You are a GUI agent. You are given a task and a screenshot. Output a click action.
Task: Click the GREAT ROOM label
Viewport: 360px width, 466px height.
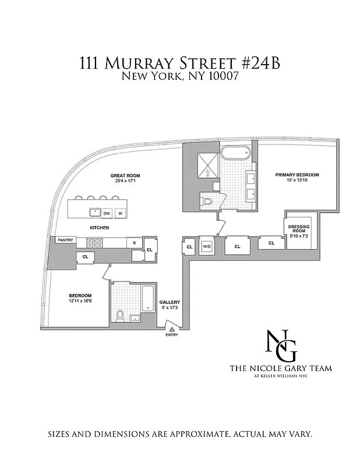point(125,176)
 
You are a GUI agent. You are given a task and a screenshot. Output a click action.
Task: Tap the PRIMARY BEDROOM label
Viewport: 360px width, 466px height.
point(297,175)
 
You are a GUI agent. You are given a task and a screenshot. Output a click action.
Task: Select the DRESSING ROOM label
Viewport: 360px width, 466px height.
point(299,228)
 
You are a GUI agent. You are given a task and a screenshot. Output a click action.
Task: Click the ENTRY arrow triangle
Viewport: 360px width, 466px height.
point(172,329)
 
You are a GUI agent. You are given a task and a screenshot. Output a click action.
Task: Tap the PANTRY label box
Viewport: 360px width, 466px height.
point(66,240)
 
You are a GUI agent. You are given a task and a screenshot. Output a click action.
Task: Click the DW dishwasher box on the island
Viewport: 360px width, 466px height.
point(107,213)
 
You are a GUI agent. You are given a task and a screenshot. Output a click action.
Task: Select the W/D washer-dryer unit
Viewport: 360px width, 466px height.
point(207,246)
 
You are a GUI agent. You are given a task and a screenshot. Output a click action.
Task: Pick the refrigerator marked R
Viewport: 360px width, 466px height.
point(135,243)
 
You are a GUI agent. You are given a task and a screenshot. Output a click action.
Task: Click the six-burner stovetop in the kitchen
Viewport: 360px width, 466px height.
point(94,243)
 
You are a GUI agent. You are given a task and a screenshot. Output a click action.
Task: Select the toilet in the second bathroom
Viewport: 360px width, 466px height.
point(120,316)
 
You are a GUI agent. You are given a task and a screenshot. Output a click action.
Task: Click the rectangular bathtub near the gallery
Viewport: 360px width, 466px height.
point(147,298)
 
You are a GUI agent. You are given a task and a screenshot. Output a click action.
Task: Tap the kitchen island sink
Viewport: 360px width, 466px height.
point(95,213)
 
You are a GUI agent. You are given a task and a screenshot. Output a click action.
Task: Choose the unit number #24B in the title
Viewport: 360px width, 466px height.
point(264,63)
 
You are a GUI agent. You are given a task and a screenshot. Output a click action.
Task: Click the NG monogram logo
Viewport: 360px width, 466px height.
point(281,345)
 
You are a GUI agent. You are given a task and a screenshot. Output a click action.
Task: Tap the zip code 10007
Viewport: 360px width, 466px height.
point(224,77)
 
